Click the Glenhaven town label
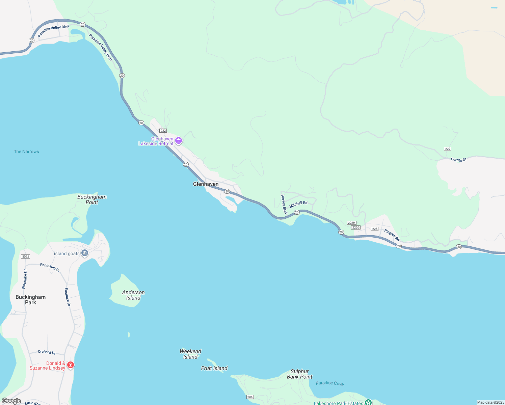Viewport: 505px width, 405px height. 206,184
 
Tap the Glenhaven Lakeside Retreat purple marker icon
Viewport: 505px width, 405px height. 179,140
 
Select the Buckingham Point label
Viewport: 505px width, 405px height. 92,199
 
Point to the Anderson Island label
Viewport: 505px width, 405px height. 133,295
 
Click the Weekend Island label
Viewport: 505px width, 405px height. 190,354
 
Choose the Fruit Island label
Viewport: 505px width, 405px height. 214,368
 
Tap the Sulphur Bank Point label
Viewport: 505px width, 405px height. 300,374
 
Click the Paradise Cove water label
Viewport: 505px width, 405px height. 329,383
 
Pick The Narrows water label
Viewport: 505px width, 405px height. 26,152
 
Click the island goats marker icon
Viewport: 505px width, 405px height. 85,253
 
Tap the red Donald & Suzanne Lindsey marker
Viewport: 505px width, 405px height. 71,365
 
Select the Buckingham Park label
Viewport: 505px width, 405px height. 30,300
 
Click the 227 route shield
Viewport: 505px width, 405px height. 448,149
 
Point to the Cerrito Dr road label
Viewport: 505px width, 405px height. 458,160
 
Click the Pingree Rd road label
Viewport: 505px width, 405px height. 392,235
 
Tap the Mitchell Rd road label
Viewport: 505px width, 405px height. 298,205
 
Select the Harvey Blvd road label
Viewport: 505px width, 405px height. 284,204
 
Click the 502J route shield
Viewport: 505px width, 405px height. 25,256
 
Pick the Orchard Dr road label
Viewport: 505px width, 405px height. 47,352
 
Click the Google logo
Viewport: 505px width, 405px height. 11,401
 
